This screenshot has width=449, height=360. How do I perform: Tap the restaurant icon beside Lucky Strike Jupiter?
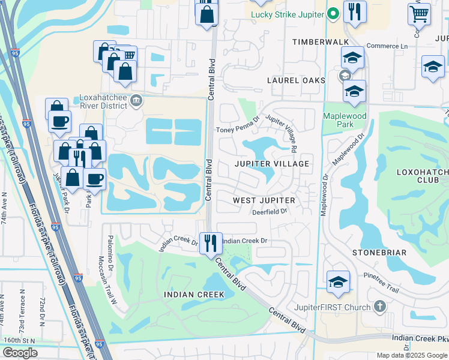point(355,13)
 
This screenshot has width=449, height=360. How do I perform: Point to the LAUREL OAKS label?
point(297,80)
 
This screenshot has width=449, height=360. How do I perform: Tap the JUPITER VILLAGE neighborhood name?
point(271,164)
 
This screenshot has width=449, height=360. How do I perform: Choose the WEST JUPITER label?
point(264,200)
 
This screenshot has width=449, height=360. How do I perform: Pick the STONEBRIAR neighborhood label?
point(379,253)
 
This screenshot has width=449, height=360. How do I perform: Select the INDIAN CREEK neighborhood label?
point(194,295)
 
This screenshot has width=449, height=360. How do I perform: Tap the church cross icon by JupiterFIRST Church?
point(379,307)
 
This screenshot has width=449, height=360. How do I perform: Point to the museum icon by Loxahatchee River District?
point(137,99)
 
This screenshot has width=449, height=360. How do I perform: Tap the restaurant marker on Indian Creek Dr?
point(211,243)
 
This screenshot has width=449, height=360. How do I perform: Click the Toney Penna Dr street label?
point(237,129)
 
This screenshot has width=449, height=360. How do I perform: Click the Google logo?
point(20,353)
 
